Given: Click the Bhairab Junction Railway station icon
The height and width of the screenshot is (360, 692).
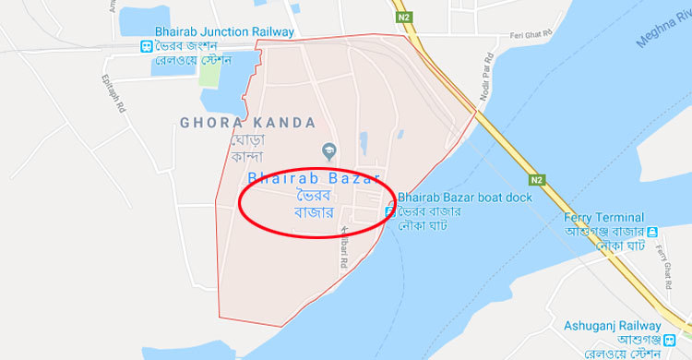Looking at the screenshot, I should tap(146, 47).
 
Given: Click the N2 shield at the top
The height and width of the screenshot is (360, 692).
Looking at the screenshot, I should tap(403, 17).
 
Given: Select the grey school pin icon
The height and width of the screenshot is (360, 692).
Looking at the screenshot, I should tap(328, 150).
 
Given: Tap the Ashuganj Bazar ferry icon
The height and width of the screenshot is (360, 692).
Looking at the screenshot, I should tap(651, 232).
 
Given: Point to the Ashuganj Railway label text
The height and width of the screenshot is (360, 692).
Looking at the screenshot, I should tap(612, 326).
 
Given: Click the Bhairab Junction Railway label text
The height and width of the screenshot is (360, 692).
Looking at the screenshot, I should tap(225, 32).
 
